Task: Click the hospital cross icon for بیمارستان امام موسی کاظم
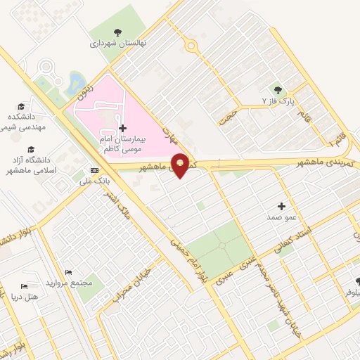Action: (x=123, y=128)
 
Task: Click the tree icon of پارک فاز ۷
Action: (x=278, y=89)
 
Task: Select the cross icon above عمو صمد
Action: (x=282, y=206)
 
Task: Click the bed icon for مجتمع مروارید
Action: (x=68, y=272)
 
